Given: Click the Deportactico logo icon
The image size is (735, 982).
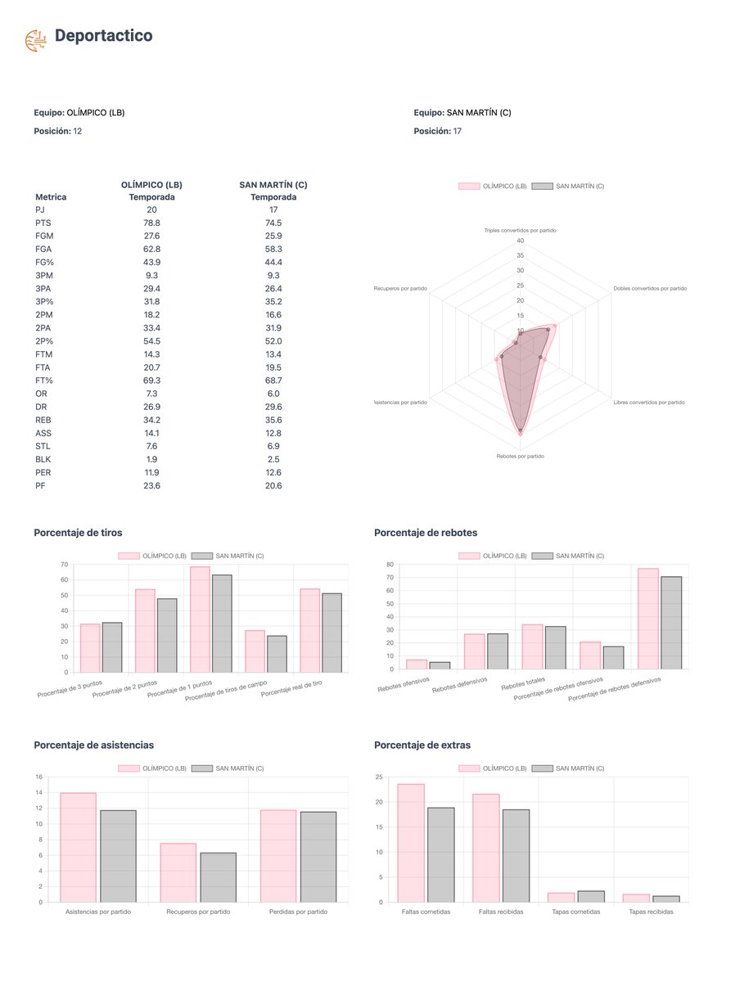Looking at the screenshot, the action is [x=36, y=40].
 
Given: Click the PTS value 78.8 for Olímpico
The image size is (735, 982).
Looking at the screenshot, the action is [x=151, y=223].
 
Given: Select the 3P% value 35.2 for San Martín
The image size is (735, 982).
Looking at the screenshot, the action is [x=273, y=301].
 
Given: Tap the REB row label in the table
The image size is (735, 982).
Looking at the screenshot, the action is [x=43, y=420].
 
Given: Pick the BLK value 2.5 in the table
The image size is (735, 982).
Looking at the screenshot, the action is [x=273, y=459].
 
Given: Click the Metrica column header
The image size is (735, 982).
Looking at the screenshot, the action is [x=51, y=197].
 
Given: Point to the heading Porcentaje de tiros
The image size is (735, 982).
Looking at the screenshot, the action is [x=78, y=533].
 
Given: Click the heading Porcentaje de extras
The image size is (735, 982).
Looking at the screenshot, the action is [x=422, y=745].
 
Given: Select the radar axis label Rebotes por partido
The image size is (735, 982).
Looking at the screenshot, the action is [x=520, y=457].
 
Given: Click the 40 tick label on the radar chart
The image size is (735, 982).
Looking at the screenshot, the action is [x=520, y=241].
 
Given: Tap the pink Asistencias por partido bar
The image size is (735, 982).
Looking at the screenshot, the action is [x=79, y=847].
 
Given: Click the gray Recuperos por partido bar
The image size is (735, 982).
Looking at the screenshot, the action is [x=219, y=877].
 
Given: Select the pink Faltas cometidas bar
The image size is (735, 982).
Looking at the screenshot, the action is [x=411, y=843].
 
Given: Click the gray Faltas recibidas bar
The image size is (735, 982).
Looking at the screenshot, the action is [x=516, y=855].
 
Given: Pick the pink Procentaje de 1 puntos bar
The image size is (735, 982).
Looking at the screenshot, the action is [x=200, y=619].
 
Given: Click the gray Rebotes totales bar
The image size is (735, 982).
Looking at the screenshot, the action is [x=555, y=648].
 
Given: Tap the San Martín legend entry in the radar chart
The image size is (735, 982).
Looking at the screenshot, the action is [x=568, y=186].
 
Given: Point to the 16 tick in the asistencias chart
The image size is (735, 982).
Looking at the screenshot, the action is [x=39, y=777].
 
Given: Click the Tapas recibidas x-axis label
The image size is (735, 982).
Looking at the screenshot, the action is [x=651, y=912].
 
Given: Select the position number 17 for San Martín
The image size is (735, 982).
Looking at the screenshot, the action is [x=458, y=131].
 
